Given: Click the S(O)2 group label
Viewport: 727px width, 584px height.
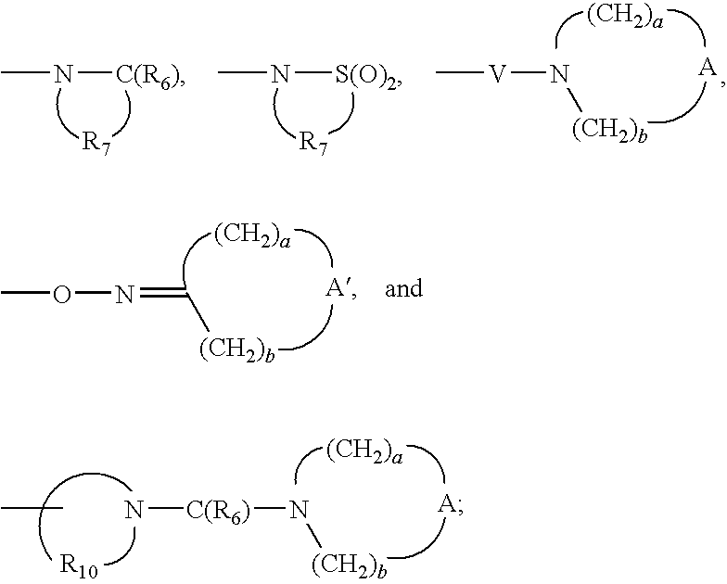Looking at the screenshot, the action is click(365, 75).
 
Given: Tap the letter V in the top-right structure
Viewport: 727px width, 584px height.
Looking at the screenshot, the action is click(497, 74).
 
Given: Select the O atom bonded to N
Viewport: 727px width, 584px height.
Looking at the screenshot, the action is click(62, 295).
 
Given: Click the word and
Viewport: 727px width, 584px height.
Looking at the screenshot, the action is click(404, 288).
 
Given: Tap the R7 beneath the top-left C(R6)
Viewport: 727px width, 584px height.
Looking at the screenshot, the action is click(96, 143).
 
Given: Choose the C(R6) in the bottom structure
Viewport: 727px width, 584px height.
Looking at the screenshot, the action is click(219, 511).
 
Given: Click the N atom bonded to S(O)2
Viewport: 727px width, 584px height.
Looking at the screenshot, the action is click(280, 74).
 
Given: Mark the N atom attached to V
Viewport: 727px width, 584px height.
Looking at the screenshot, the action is click(559, 74).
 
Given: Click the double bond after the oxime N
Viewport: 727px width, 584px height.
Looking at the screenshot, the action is click(163, 293).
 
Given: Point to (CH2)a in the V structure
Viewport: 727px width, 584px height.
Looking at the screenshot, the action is click(625, 18).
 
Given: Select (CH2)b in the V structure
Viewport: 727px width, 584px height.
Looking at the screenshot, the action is click(610, 130).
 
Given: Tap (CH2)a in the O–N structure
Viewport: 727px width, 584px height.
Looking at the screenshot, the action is click(252, 237).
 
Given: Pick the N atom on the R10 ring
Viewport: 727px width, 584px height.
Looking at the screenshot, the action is click(134, 511).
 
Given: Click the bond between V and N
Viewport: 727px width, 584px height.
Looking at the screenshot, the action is click(528, 72).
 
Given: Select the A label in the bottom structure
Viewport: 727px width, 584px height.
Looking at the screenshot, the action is click(449, 504).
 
